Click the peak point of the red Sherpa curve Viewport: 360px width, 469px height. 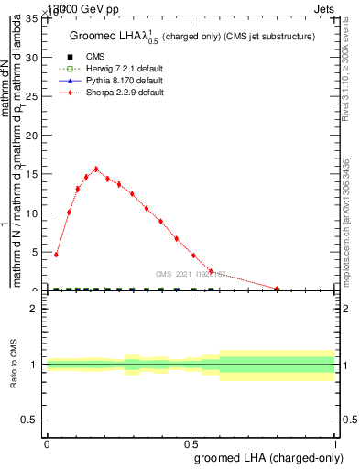(x=96, y=169)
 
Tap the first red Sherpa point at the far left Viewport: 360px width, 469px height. (x=56, y=255)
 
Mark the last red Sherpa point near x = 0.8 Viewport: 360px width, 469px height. (x=277, y=289)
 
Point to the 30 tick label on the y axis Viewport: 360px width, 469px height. (x=32, y=58)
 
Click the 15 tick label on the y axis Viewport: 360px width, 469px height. (x=32, y=175)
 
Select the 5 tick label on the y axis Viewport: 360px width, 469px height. (x=35, y=253)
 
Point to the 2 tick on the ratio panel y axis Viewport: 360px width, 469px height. (x=35, y=309)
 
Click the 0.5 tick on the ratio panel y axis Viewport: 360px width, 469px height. (x=31, y=420)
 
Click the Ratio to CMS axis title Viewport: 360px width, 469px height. (x=13, y=365)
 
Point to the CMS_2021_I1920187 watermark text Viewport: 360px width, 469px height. (x=191, y=274)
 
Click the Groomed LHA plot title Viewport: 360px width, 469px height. (x=192, y=36)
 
